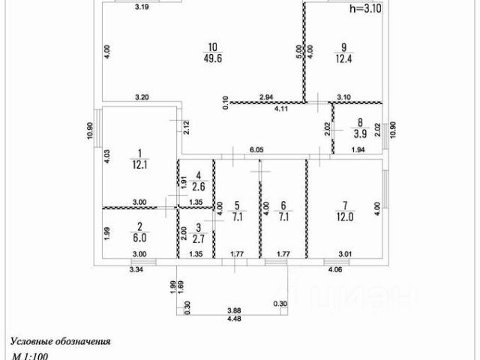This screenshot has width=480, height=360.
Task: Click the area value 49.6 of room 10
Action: (211, 61)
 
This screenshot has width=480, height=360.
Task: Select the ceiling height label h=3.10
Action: (366, 9)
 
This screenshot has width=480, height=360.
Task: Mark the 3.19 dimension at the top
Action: (141, 7)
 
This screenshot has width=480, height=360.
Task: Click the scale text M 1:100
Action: (30, 356)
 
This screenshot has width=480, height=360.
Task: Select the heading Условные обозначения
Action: (61, 340)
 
